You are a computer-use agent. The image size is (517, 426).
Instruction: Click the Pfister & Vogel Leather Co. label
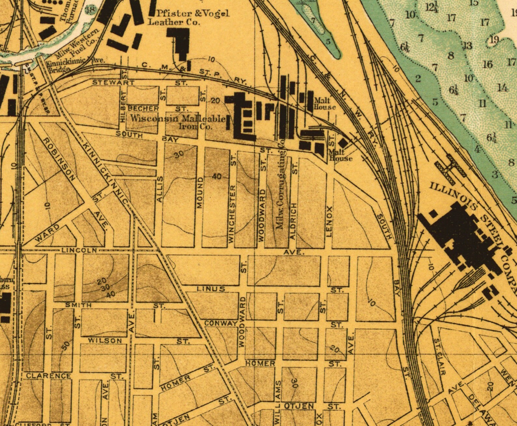click(189, 18)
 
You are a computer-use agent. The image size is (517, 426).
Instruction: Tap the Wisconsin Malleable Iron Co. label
click(177, 122)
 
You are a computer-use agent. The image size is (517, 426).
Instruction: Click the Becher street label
click(143, 108)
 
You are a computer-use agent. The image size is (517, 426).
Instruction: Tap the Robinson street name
click(59, 159)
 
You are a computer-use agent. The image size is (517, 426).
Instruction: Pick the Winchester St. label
click(232, 213)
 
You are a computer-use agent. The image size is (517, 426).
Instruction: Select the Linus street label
click(211, 289)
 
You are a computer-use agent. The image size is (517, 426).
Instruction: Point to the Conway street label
click(221, 323)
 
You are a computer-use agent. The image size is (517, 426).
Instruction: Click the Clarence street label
click(49, 376)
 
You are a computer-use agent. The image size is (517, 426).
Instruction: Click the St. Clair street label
click(440, 357)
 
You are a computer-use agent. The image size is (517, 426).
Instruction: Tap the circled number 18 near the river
click(90, 9)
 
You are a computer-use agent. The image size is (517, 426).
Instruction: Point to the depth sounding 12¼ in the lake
click(432, 7)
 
